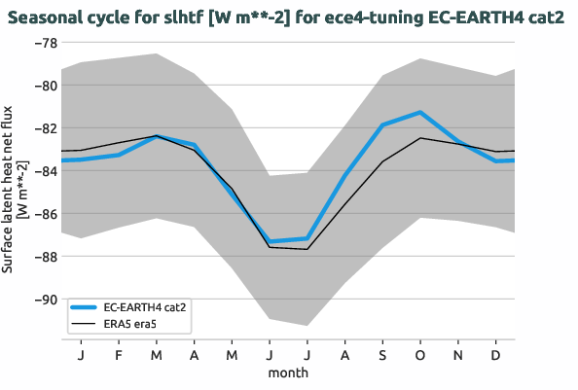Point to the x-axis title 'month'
(288, 372)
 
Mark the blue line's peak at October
(420, 112)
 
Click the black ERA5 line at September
(382, 161)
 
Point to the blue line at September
(382, 125)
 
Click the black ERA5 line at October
(420, 138)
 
